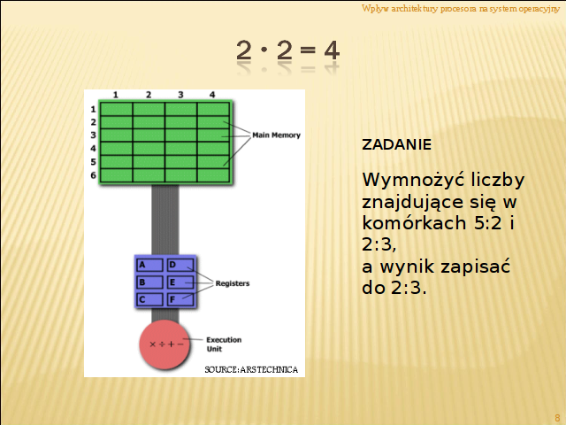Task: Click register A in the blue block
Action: coord(149,265)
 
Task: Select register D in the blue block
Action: coord(180,265)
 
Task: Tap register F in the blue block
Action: coord(180,299)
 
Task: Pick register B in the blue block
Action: coord(149,282)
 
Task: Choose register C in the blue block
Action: coord(149,299)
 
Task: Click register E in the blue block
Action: coord(180,282)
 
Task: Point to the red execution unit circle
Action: coord(164,344)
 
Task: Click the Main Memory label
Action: coord(277,135)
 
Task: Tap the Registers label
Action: coord(233,283)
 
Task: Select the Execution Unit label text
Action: coord(224,344)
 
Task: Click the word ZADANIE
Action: coord(396,144)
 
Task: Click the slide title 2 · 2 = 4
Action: coord(287,50)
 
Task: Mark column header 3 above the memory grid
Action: coord(180,95)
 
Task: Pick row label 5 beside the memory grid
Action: coord(94,161)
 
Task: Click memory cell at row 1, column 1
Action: coord(116,109)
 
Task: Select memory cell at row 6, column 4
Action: coord(213,175)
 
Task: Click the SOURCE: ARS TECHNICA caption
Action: coord(251,370)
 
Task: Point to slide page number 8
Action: coord(557,418)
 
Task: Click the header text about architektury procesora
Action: coord(461,8)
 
